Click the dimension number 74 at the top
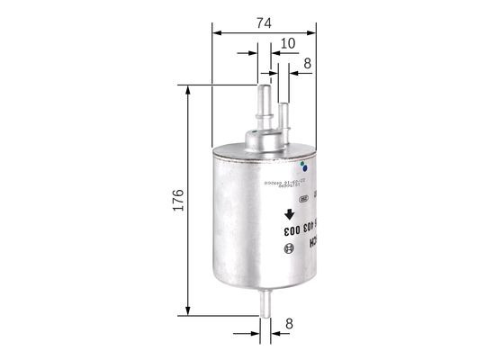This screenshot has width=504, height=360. (265, 25)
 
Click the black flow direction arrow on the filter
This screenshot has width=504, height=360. (290, 214)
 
